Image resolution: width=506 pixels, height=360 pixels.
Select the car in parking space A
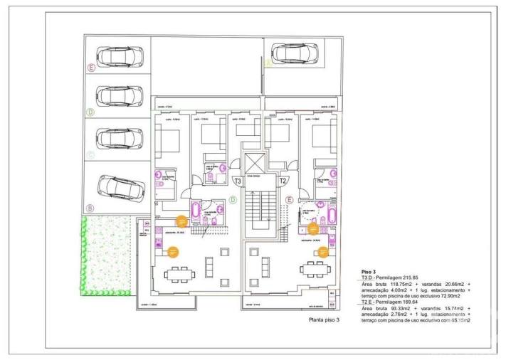294,53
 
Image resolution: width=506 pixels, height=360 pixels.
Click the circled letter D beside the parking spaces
90,112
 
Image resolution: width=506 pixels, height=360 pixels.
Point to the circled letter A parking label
268,63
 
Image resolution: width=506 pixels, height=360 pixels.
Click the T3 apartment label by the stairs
238,181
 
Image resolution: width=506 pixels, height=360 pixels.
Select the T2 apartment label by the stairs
283,181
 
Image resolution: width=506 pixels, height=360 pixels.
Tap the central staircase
260,206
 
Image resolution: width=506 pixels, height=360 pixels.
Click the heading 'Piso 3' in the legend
368,272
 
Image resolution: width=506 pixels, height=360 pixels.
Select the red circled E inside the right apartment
290,201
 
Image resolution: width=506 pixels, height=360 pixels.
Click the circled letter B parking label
90,208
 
